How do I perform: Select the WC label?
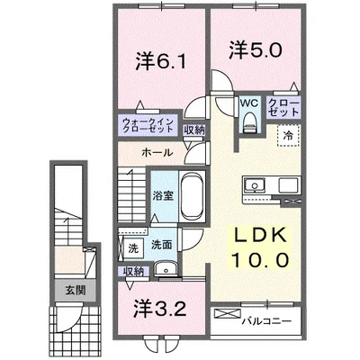[x=248, y=104]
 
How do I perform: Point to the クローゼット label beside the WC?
[x=283, y=110]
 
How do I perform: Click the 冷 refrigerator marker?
[x=288, y=136]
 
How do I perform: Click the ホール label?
[x=157, y=154]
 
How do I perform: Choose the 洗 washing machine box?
[x=131, y=247]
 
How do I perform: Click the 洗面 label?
[x=162, y=243]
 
